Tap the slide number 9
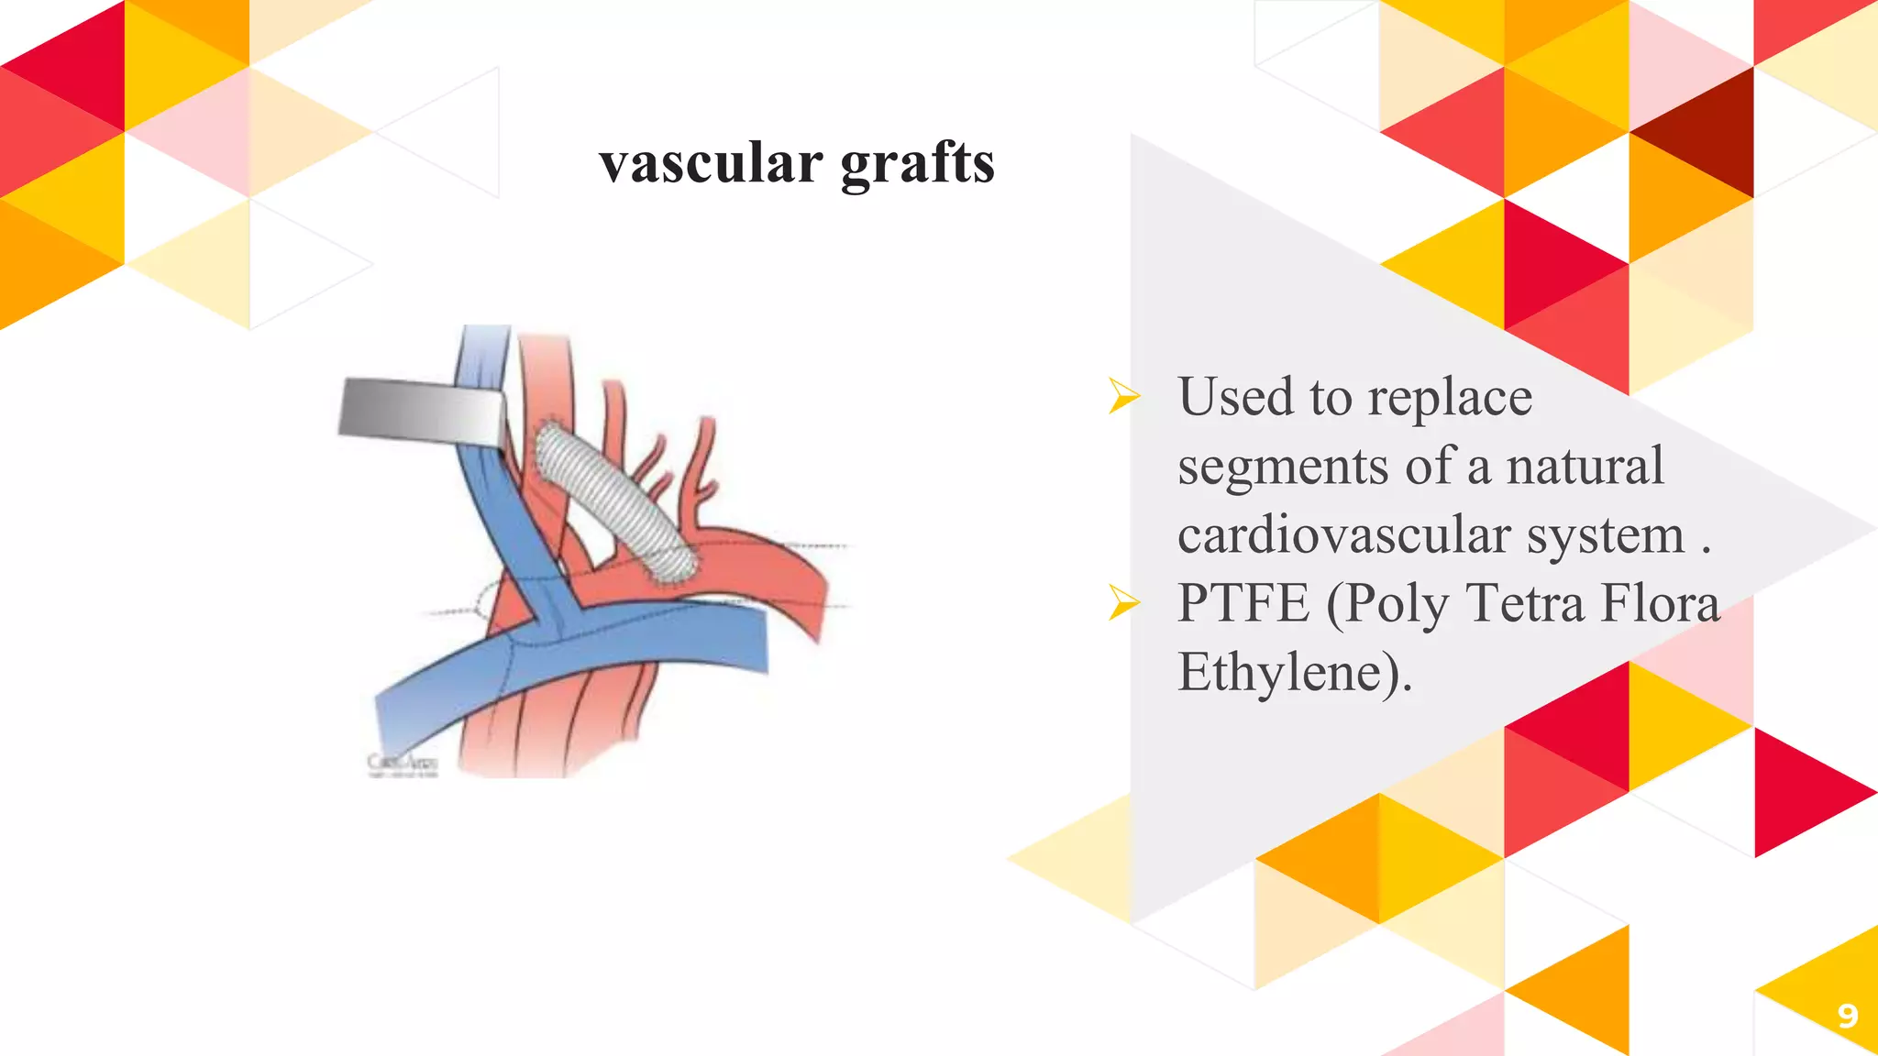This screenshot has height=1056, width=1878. pyautogui.click(x=1847, y=1016)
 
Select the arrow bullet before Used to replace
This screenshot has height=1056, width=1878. pyautogui.click(x=1123, y=396)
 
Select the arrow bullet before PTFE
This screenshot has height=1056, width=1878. pyautogui.click(x=1123, y=602)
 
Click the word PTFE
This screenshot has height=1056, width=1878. pyautogui.click(x=1243, y=602)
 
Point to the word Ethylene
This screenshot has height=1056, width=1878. pyautogui.click(x=1288, y=672)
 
